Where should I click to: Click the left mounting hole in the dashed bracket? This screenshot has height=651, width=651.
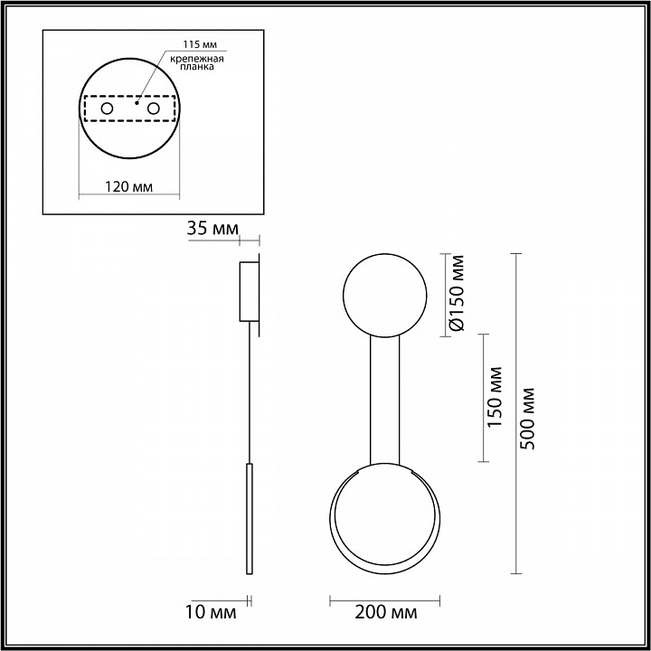(107, 109)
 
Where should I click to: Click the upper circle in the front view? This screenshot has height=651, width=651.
(384, 295)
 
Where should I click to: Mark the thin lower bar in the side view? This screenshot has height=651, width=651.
(250, 520)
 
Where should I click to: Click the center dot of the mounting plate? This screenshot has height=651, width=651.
(137, 103)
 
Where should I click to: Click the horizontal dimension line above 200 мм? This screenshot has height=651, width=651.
(383, 599)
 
